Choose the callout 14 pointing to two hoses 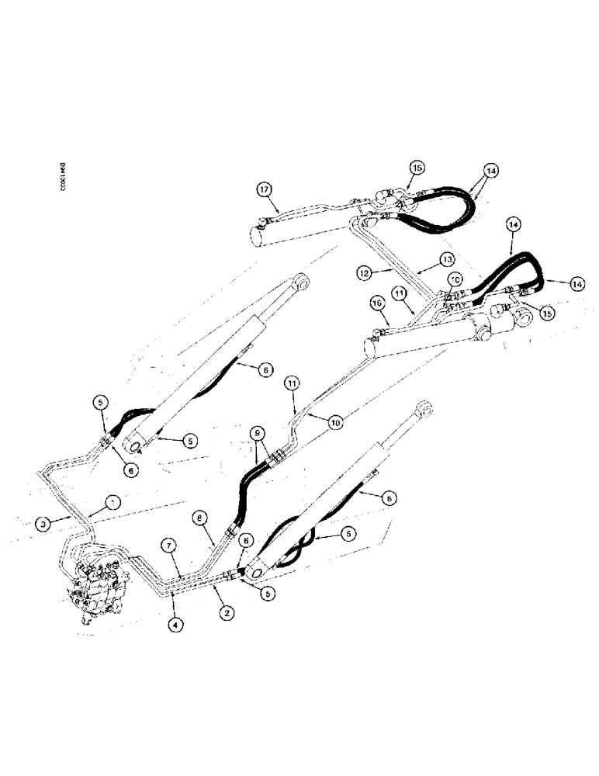[x=490, y=170]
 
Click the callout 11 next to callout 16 [x=398, y=293]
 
